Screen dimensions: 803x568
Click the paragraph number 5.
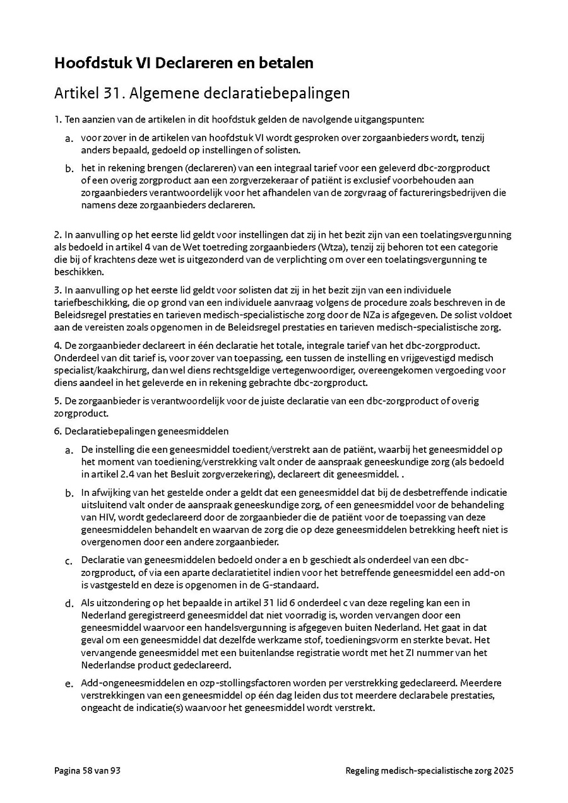pos(57,401)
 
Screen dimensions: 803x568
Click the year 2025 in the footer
pos(504,771)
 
